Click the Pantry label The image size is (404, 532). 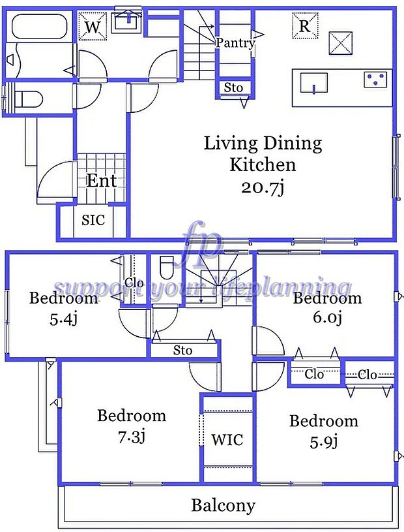tap(235, 43)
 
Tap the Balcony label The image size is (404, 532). tap(223, 505)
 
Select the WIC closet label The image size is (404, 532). tap(227, 439)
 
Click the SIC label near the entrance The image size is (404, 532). tap(93, 220)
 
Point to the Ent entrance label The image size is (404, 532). tap(101, 181)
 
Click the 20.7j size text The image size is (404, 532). tap(263, 187)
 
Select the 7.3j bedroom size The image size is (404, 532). tap(132, 437)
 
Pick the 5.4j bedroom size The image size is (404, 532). tap(64, 319)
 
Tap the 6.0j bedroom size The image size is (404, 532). tap(327, 318)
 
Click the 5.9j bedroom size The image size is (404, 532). tap(324, 441)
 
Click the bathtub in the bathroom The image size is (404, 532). tap(38, 27)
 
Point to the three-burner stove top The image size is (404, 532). tap(375, 79)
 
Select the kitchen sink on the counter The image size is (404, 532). tap(314, 83)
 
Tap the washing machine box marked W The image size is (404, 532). tap(93, 27)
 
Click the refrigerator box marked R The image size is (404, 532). tap(305, 25)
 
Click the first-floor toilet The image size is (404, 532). tap(29, 100)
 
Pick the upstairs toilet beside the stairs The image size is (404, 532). tap(166, 267)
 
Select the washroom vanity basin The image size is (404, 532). tap(128, 20)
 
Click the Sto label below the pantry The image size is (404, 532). tap(233, 88)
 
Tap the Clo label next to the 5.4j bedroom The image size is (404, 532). tap(134, 282)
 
